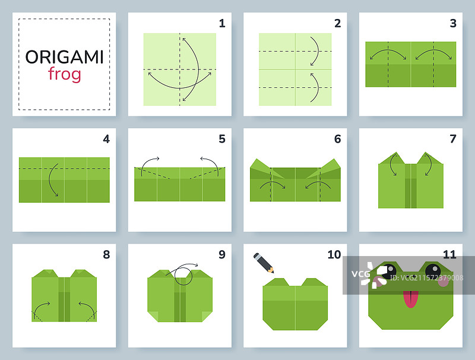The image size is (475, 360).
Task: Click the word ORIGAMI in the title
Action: pos(64,57)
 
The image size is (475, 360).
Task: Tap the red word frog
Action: pos(65,74)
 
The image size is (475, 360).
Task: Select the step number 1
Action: pos(222,23)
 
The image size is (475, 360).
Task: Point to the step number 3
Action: pos(453,23)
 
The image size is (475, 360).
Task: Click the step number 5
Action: pos(222,139)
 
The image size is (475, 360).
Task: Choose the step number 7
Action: pos(453,139)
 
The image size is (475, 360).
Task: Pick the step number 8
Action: pos(106,254)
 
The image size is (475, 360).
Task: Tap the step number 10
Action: pos(334,254)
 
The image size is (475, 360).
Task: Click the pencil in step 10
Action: pos(264,263)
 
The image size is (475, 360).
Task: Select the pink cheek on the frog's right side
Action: pos(444,281)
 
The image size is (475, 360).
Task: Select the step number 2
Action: pos(337,23)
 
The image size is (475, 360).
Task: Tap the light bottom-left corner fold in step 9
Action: pos(153,317)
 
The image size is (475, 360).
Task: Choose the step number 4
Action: pos(106,139)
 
